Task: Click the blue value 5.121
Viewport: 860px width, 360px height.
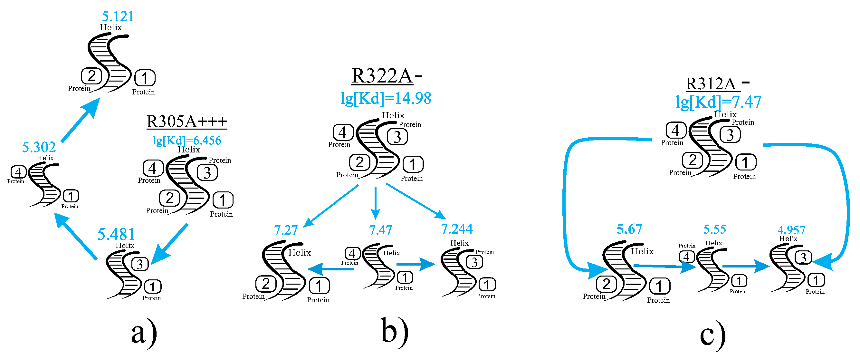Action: tap(118, 17)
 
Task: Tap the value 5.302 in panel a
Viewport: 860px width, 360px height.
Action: tap(39, 147)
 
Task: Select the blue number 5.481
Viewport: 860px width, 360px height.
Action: tap(116, 234)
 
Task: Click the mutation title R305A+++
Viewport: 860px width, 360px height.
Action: tap(186, 121)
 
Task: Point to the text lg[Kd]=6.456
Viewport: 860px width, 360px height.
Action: tap(186, 140)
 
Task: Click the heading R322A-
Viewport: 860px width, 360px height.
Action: tap(386, 76)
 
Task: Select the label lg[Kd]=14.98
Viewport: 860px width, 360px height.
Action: tap(386, 99)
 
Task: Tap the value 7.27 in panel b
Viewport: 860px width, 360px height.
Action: tap(286, 230)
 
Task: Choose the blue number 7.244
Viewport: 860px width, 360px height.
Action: tap(457, 229)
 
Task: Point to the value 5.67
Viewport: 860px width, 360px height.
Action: tap(629, 229)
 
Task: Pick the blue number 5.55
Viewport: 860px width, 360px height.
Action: tap(715, 229)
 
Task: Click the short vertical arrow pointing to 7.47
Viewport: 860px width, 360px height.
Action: tap(376, 203)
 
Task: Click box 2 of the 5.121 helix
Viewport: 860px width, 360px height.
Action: tap(91, 76)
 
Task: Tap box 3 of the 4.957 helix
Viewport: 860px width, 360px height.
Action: tap(803, 258)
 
